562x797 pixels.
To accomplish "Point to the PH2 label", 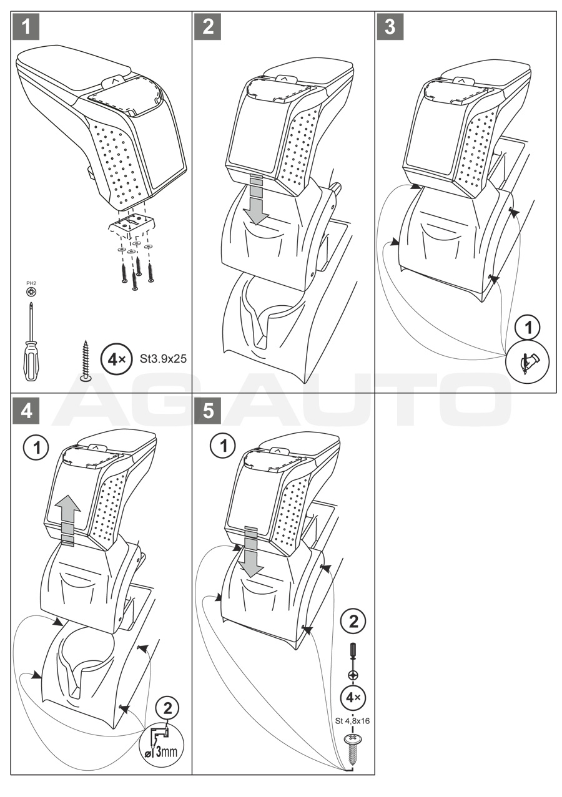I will click(x=30, y=285).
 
